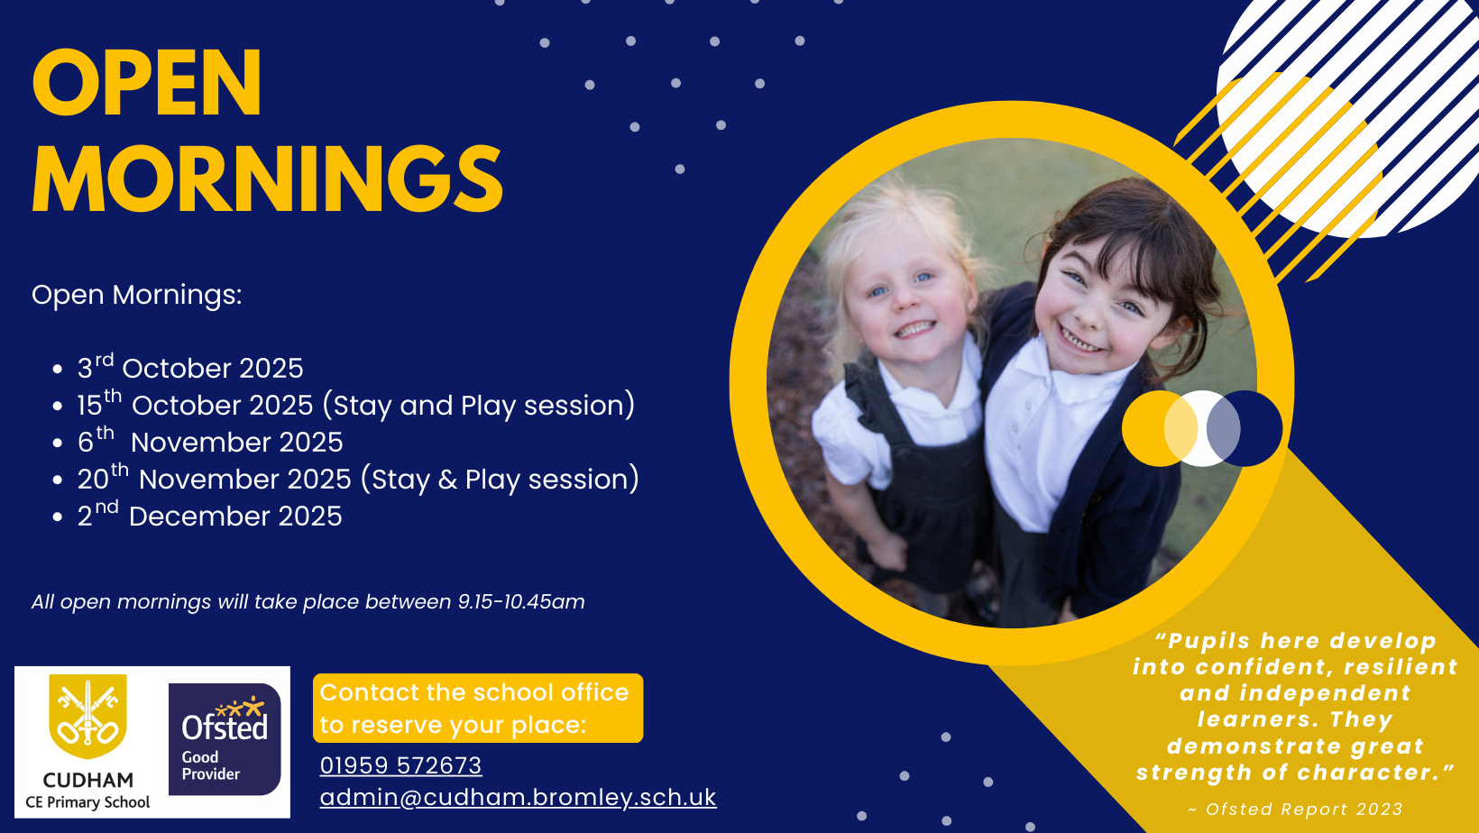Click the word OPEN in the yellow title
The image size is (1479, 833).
pyautogui.click(x=147, y=83)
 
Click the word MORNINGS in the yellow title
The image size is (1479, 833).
pyautogui.click(x=268, y=178)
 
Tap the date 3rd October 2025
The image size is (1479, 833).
pyautogui.click(x=190, y=367)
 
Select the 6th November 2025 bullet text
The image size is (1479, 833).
pyautogui.click(x=210, y=441)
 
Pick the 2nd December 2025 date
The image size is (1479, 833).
pyautogui.click(x=209, y=515)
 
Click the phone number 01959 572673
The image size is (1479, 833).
pyautogui.click(x=400, y=765)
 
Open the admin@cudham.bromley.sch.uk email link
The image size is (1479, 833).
pyautogui.click(x=518, y=797)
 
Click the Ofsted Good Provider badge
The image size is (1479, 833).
pyautogui.click(x=225, y=739)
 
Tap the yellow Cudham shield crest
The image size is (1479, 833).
pyautogui.click(x=87, y=716)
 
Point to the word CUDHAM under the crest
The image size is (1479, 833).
pyautogui.click(x=87, y=780)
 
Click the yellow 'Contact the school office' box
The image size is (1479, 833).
pyautogui.click(x=478, y=709)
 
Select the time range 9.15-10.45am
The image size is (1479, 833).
pyautogui.click(x=521, y=601)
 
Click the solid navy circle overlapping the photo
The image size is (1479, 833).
pyautogui.click(x=1245, y=428)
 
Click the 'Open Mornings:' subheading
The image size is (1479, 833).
pyautogui.click(x=137, y=295)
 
